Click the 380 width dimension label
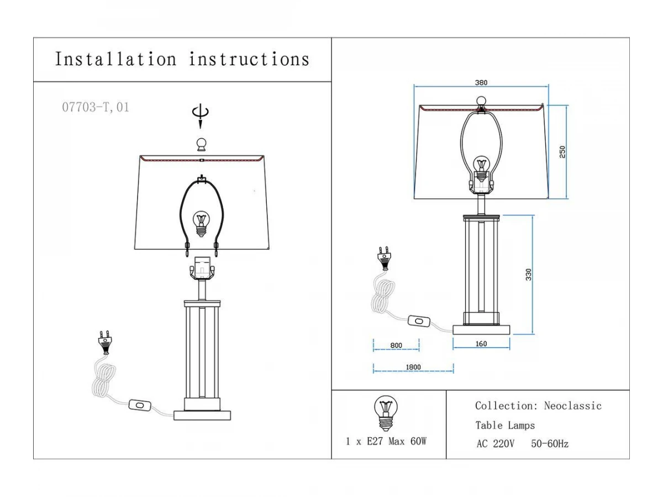point(481,83)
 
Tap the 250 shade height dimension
point(562,152)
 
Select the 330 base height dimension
point(528,274)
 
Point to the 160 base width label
point(481,343)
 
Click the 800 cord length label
point(396,345)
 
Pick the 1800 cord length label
point(413,367)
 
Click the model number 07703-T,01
point(96,108)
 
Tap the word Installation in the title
point(115,59)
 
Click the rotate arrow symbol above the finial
point(200,115)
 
